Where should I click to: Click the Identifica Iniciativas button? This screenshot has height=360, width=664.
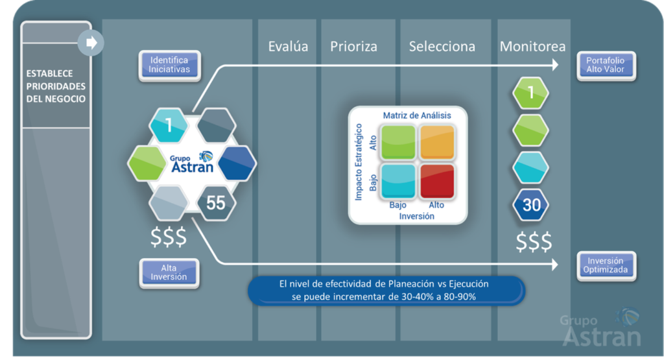pos(169,65)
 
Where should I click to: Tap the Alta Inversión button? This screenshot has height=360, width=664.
pos(169,272)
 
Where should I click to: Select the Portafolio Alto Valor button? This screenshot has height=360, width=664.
pos(606,66)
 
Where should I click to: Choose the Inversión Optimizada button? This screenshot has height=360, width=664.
pos(606,265)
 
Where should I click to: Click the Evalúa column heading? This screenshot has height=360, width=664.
pos(288,46)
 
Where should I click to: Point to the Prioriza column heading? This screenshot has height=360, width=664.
pos(353,46)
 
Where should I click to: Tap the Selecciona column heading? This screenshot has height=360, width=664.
pos(442,46)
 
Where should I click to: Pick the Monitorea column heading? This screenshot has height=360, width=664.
pos(532,46)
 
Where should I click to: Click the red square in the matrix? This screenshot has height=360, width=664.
pos(437,181)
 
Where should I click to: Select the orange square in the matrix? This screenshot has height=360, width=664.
pos(437,142)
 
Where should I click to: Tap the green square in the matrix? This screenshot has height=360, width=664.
pos(398,142)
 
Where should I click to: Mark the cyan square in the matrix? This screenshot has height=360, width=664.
pos(398,181)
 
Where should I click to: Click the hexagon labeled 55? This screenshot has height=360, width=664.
pos(216,203)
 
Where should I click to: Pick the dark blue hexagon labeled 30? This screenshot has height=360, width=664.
pos(530,205)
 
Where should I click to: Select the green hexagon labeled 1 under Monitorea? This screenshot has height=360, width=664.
pos(530,93)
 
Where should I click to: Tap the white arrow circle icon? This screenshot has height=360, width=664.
pos(91,43)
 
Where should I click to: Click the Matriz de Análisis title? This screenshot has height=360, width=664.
pos(417,115)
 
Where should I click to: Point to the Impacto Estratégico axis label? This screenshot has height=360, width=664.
pos(359,162)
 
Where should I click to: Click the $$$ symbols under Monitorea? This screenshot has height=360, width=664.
pos(534,242)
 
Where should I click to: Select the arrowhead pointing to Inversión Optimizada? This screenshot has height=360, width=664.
pos(555,265)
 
